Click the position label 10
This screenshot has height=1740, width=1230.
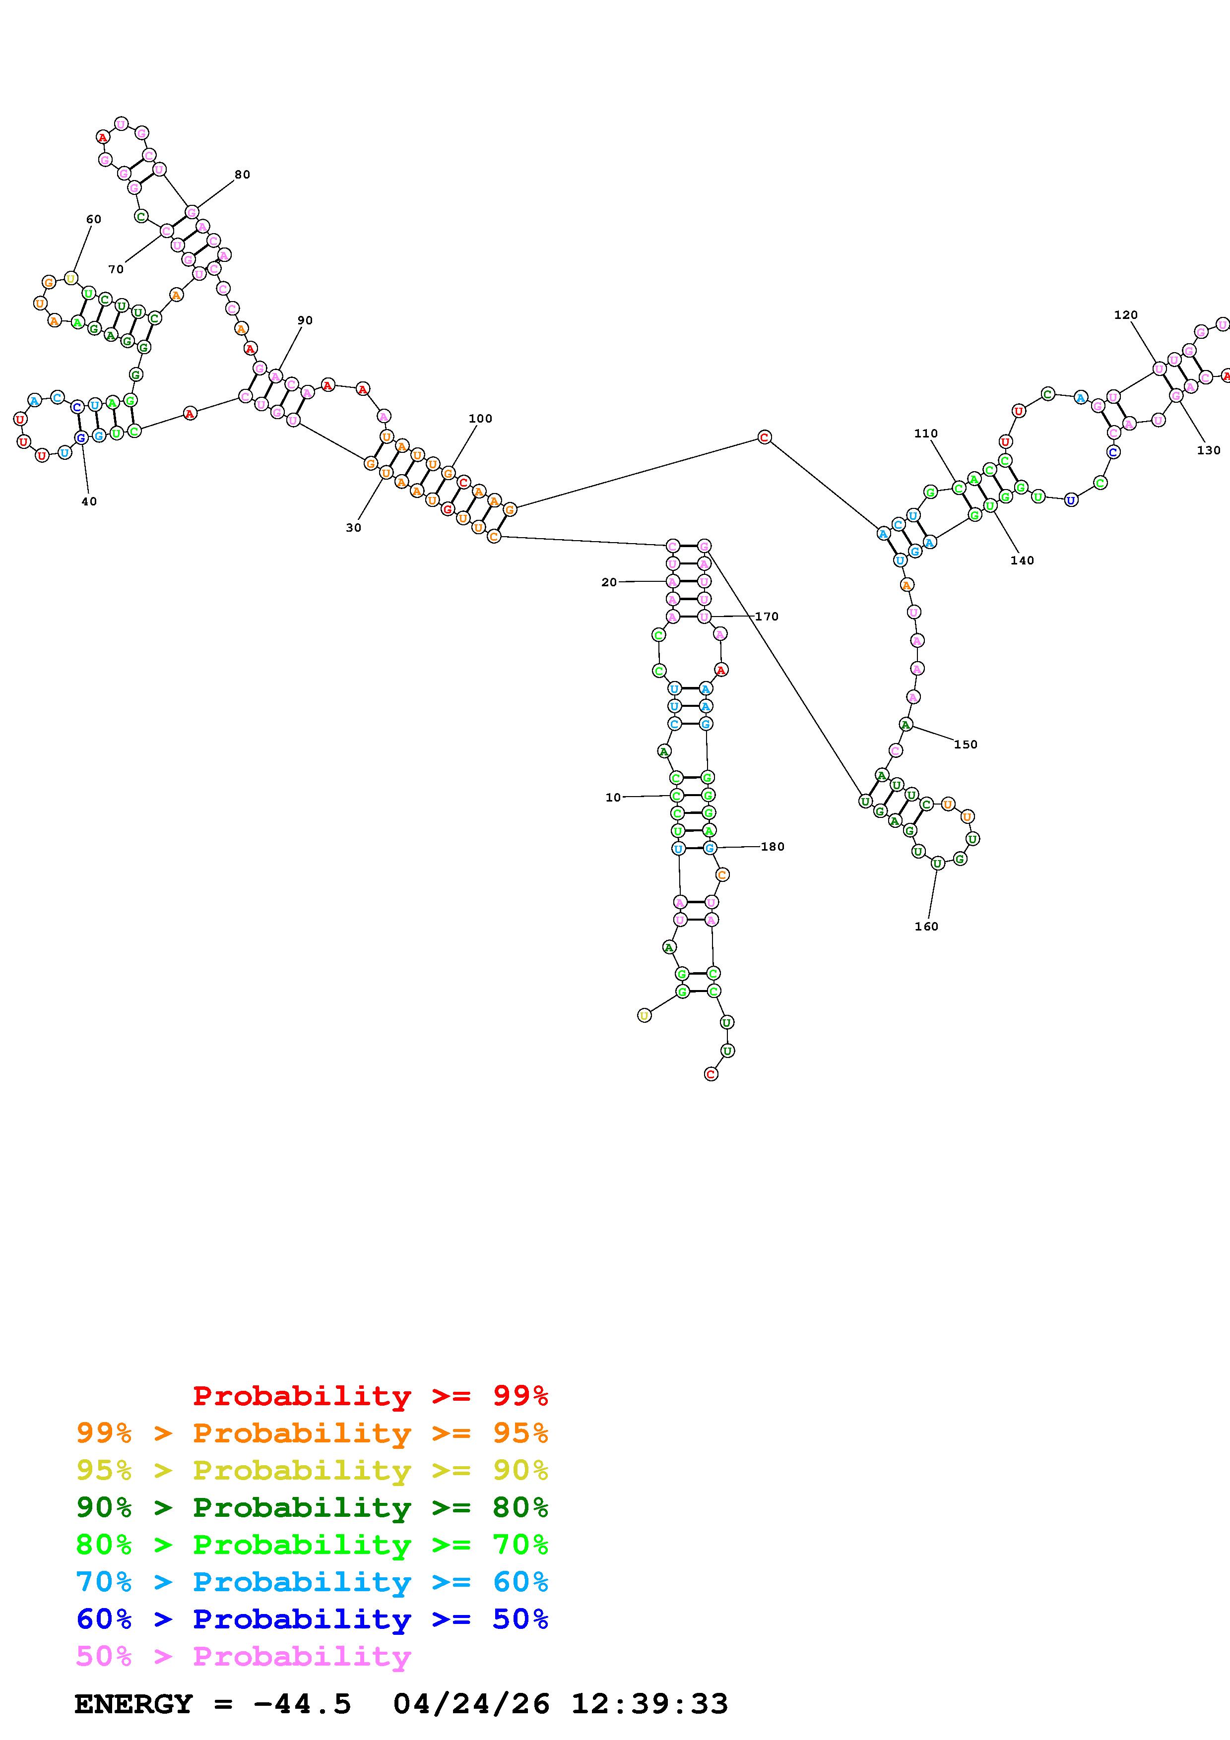[612, 797]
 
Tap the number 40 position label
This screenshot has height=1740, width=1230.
[89, 501]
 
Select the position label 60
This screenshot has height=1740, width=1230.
[93, 219]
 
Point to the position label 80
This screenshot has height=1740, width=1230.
[242, 174]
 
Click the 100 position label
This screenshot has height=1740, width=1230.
[480, 418]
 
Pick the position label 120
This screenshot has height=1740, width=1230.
[1125, 314]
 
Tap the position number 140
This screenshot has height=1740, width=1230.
[1022, 560]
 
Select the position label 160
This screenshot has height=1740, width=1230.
[926, 926]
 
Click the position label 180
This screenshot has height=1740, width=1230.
[772, 847]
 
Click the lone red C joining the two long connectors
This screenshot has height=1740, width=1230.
[764, 437]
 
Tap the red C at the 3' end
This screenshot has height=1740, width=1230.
[710, 1074]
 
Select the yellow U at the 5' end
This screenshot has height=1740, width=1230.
[644, 1015]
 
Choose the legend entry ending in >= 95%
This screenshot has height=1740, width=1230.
[312, 1433]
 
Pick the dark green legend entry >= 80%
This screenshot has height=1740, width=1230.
[312, 1507]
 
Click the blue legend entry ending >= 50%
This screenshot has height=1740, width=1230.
[312, 1619]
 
